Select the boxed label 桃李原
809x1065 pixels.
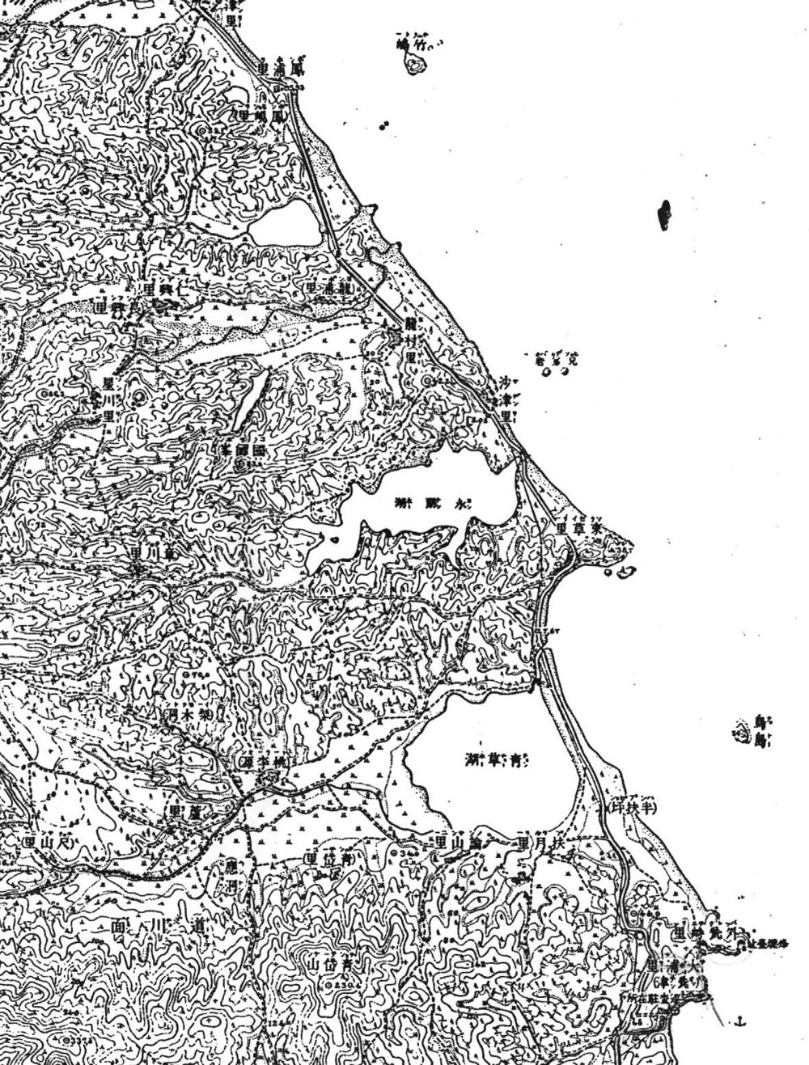coord(264,763)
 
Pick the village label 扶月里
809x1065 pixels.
coord(536,842)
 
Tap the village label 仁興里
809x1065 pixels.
coord(163,288)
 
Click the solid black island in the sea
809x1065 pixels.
coord(665,215)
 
